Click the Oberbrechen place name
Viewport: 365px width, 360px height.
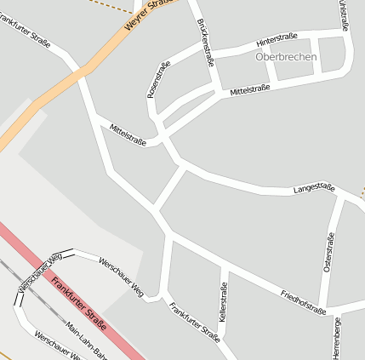click(286, 57)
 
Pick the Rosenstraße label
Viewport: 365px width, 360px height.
click(158, 79)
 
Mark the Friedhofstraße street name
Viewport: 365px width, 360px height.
click(303, 301)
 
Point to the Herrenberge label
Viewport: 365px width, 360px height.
click(337, 338)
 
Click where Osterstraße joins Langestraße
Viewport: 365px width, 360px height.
click(339, 198)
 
